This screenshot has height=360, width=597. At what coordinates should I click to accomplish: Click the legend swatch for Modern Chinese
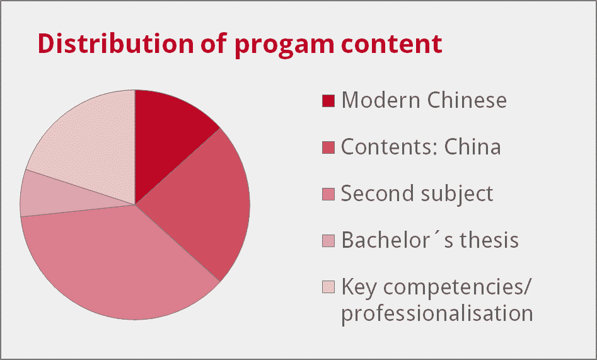pyautogui.click(x=328, y=101)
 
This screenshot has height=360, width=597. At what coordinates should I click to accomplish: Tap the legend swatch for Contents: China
pyautogui.click(x=328, y=148)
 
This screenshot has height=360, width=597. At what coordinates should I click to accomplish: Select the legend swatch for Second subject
pyautogui.click(x=328, y=194)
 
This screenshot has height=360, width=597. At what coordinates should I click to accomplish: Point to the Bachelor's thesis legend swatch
pyautogui.click(x=328, y=240)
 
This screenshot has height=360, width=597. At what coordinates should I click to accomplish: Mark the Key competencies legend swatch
pyautogui.click(x=328, y=287)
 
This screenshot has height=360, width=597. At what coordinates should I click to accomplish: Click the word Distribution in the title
pyautogui.click(x=117, y=43)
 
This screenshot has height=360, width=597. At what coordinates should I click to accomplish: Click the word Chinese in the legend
pyautogui.click(x=467, y=100)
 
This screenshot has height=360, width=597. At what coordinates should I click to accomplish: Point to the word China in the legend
pyautogui.click(x=472, y=147)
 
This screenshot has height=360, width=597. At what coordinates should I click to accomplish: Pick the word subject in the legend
pyautogui.click(x=456, y=195)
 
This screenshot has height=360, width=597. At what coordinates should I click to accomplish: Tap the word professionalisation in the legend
pyautogui.click(x=437, y=314)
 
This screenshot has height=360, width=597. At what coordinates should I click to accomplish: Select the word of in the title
pyautogui.click(x=214, y=43)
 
